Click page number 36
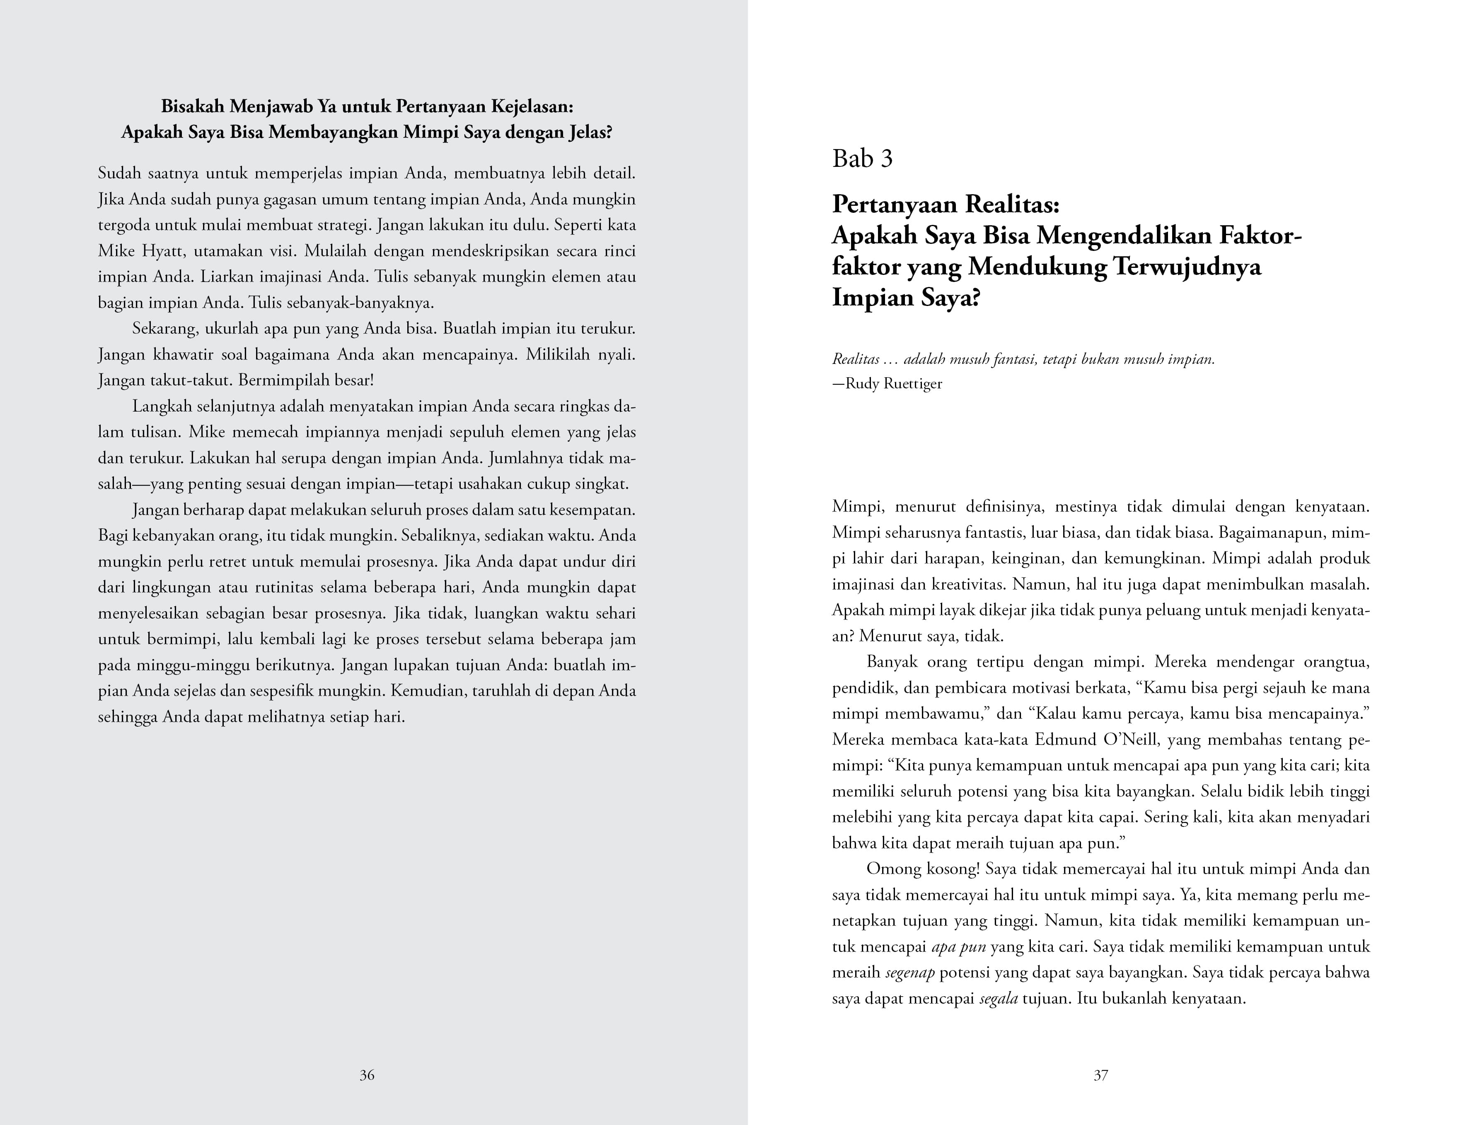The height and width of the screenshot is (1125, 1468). pyautogui.click(x=367, y=1075)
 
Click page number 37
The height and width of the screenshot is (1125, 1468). pyautogui.click(x=1100, y=1075)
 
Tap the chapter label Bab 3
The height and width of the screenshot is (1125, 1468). pyautogui.click(x=862, y=159)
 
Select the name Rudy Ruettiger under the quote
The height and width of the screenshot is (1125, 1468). pyautogui.click(x=894, y=384)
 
